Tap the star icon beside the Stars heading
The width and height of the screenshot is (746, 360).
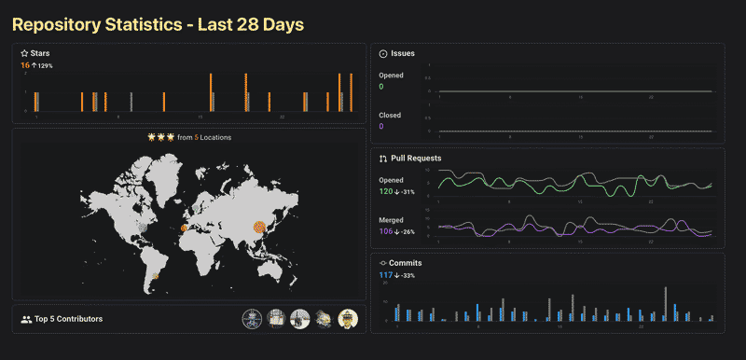click(24, 54)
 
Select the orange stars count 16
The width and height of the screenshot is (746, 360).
click(24, 65)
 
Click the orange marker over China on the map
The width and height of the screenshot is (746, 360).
click(260, 225)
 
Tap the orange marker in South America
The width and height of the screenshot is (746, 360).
click(156, 276)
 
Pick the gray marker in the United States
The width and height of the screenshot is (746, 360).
click(142, 226)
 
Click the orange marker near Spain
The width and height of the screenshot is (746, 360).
click(184, 228)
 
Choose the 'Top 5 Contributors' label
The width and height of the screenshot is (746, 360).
click(68, 319)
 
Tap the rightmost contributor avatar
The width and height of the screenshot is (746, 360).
click(348, 319)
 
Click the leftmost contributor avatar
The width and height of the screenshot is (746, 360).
click(252, 319)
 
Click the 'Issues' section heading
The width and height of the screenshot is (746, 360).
click(403, 53)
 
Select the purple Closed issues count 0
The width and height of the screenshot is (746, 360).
click(381, 126)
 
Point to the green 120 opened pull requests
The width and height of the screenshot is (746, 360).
click(387, 190)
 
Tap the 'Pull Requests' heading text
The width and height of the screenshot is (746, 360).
click(416, 159)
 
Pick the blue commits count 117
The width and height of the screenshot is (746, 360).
click(386, 275)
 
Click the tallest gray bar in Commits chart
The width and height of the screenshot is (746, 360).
click(666, 304)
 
